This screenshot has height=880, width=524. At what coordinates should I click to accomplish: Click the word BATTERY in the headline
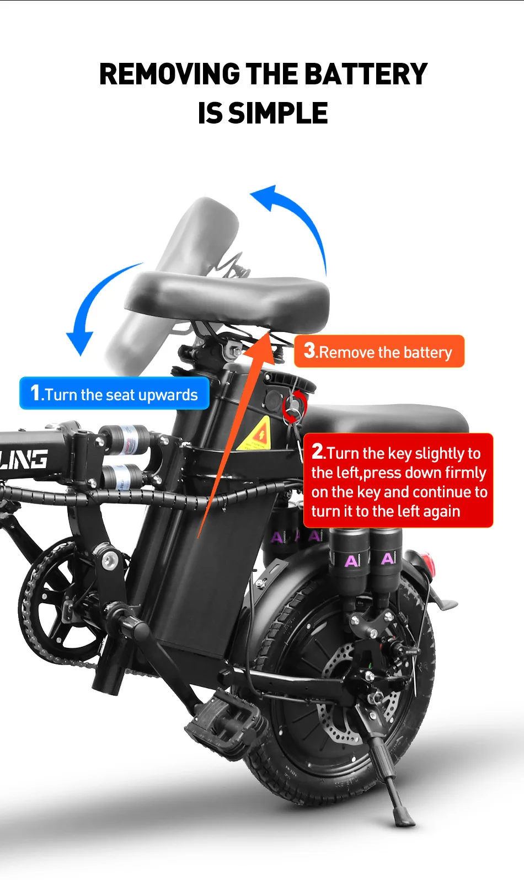point(365,74)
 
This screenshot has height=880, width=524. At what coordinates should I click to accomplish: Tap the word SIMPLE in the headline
point(278,114)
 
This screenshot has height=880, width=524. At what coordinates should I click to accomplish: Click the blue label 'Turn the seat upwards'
point(114,394)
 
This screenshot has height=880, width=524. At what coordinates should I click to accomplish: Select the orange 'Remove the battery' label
point(379,351)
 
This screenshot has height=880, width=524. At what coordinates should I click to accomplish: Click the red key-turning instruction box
point(398,481)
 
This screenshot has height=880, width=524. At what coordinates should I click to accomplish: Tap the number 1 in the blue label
point(35,393)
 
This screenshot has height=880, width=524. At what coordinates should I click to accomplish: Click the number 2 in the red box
point(318,451)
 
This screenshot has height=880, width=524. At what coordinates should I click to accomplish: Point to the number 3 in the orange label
point(310,350)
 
